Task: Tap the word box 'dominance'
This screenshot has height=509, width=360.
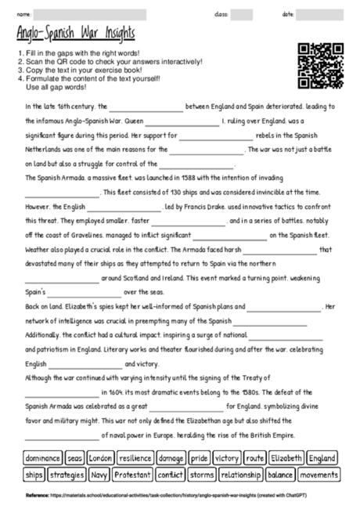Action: (x=42, y=458)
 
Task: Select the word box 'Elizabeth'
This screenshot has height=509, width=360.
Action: (x=286, y=458)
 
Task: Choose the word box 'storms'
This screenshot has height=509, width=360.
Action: (x=201, y=475)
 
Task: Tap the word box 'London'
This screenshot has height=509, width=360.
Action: (x=101, y=458)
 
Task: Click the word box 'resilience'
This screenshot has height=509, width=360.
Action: (x=135, y=458)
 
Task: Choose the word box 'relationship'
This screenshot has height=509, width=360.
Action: (x=240, y=475)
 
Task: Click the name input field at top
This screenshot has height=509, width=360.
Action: (x=90, y=14)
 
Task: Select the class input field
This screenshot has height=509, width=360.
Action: (x=242, y=14)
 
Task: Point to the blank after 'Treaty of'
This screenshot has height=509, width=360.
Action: (x=62, y=393)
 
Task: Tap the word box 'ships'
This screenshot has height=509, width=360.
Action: (x=34, y=475)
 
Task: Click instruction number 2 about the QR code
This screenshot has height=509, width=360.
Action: (x=110, y=61)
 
